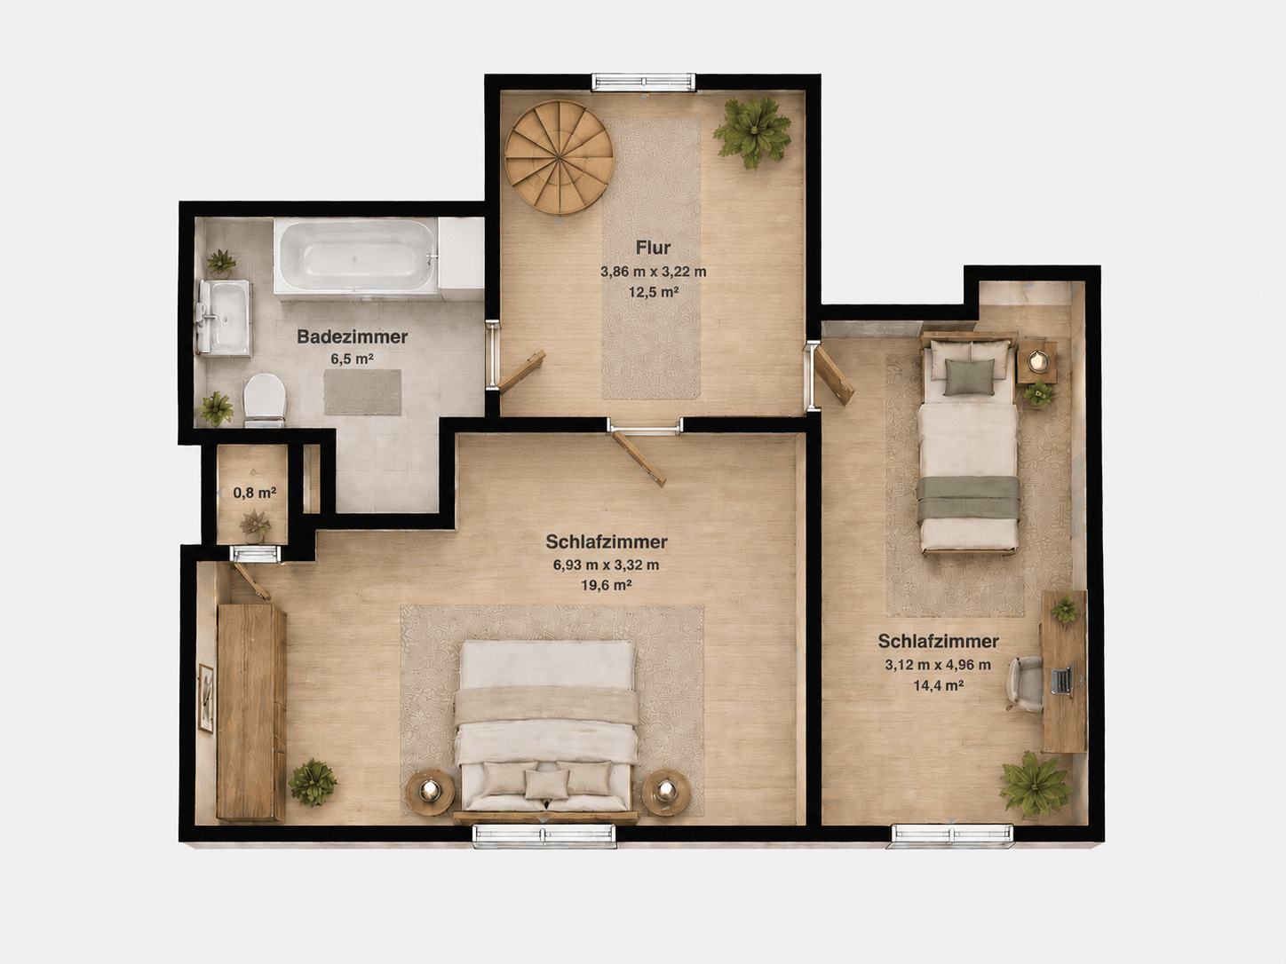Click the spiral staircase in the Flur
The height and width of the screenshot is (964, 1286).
click(559, 157)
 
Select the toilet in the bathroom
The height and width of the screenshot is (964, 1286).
click(265, 399)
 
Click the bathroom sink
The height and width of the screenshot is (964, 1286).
click(223, 317)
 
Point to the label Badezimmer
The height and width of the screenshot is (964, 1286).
click(352, 336)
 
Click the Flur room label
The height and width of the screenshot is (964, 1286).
click(653, 248)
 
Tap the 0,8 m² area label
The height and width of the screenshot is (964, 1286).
click(254, 493)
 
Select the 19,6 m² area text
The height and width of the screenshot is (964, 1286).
click(607, 584)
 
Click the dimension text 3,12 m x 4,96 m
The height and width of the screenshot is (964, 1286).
click(937, 665)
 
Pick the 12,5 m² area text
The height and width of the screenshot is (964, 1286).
click(654, 291)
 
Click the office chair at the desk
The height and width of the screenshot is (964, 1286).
click(1024, 683)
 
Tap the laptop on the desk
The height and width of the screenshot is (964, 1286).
click(1063, 682)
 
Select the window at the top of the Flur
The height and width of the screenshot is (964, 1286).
click(644, 82)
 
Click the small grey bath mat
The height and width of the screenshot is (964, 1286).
click(363, 392)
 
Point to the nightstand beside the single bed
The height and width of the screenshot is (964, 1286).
click(1037, 362)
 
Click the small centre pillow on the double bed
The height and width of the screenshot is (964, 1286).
click(547, 784)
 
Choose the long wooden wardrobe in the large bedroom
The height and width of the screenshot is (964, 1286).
click(251, 712)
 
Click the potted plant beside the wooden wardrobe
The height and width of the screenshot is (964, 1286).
click(313, 781)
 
